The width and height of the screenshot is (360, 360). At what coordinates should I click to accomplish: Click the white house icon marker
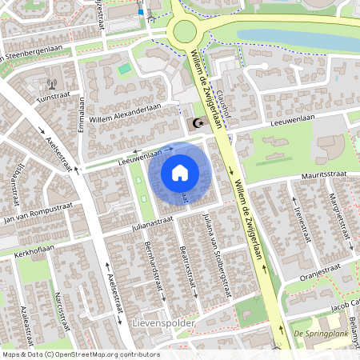[x=180, y=173]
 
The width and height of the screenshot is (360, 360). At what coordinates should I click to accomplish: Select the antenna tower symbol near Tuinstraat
[x=53, y=83]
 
